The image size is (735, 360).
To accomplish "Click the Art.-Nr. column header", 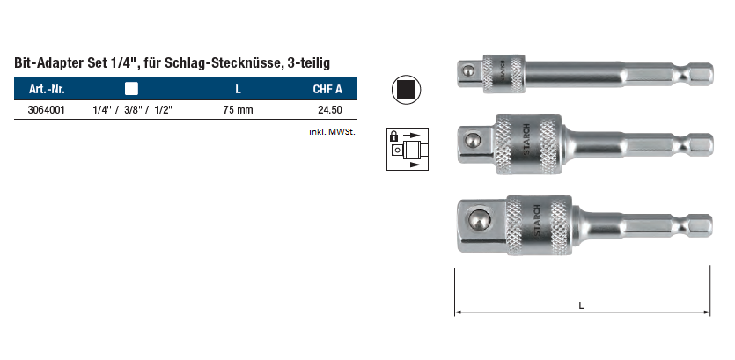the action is click(47, 89).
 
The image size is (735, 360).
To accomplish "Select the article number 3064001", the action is click(47, 110).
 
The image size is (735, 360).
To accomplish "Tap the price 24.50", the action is click(329, 110).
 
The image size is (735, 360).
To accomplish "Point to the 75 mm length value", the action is click(238, 110).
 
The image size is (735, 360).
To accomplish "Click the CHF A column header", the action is click(327, 89).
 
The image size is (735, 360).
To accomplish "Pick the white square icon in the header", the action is click(132, 89).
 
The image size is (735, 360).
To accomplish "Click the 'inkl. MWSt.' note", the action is click(333, 132).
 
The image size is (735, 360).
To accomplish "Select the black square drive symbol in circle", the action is click(406, 90).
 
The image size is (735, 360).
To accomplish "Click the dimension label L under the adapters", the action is click(581, 306).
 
